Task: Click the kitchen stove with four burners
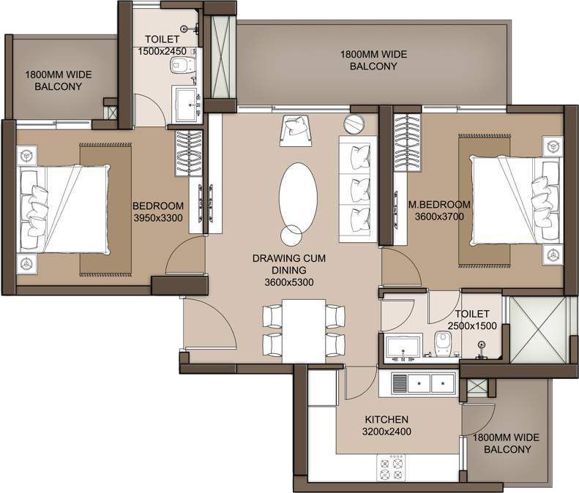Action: [x=391, y=467]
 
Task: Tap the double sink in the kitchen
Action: [x=423, y=383]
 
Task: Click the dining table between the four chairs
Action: [x=304, y=331]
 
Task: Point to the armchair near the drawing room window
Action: [x=296, y=130]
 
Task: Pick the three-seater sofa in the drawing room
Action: [x=357, y=189]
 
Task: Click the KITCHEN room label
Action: [x=386, y=419]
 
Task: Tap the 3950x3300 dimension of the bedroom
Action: [x=158, y=218]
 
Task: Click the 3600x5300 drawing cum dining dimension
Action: [x=289, y=282]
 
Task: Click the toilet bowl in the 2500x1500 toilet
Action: [x=441, y=344]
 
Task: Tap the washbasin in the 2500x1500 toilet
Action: [x=403, y=348]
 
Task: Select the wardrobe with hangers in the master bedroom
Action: [x=407, y=143]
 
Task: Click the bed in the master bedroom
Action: [x=516, y=200]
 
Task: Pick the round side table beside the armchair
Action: [x=354, y=124]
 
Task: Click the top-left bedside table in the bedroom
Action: [x=27, y=156]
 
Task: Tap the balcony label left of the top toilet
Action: [x=59, y=80]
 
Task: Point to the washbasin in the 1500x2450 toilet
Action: [x=187, y=105]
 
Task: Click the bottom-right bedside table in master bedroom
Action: [x=553, y=255]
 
